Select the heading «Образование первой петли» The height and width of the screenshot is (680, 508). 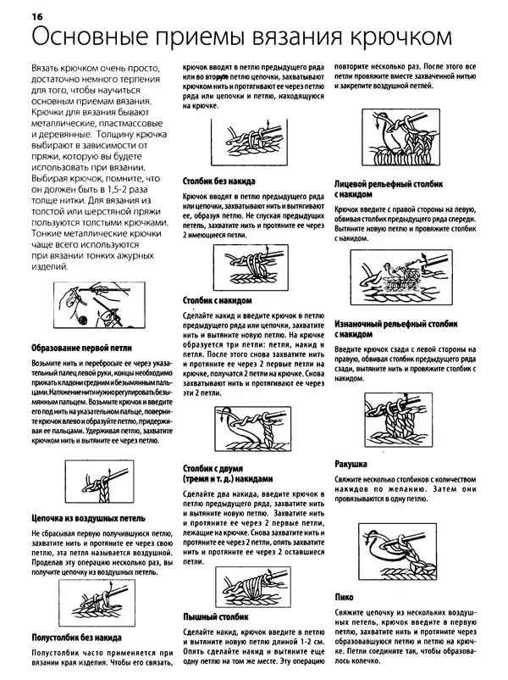[x=80, y=349]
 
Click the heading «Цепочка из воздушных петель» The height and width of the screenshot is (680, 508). [x=89, y=516]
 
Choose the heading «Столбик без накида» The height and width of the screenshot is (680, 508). [x=218, y=181]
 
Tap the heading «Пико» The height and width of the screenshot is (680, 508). [x=344, y=597]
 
